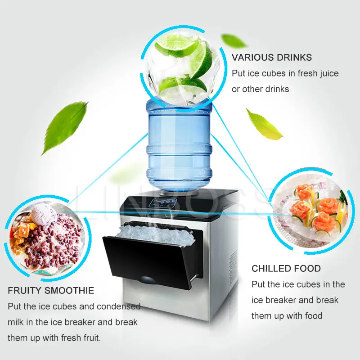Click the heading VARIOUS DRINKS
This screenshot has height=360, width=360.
pyautogui.click(x=272, y=58)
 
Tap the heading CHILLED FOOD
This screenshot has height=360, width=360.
pyautogui.click(x=286, y=268)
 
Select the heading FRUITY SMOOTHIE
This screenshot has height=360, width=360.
pyautogui.click(x=51, y=290)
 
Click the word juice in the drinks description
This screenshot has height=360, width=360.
pyautogui.click(x=328, y=74)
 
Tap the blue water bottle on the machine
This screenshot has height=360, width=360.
pyautogui.click(x=179, y=147)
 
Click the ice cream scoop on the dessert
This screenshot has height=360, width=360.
pyautogui.click(x=44, y=214)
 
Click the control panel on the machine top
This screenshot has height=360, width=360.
pyautogui.click(x=163, y=203)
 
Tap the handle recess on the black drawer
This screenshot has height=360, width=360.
pyautogui.click(x=147, y=279)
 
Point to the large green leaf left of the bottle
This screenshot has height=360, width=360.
pyautogui.click(x=64, y=128)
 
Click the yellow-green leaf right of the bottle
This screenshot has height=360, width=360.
pyautogui.click(x=264, y=125)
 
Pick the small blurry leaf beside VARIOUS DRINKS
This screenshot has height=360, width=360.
pyautogui.click(x=233, y=41)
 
